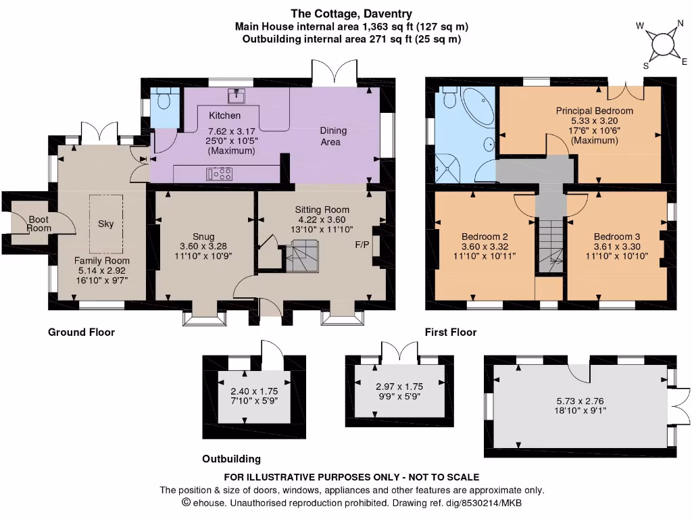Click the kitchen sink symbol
pos(237,96)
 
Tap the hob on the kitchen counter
pos(220,174)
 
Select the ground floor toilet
pos(164,99)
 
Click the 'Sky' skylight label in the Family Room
pos(106,224)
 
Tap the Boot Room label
pos(39,224)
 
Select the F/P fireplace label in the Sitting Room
pos(362,245)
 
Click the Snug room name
pos(203,237)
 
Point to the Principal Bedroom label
pos(595,111)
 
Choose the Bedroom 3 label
pos(616,237)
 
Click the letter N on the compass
pos(680,24)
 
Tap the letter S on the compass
pos(645,66)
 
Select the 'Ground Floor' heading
pos(82,332)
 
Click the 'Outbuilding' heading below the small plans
pos(231,459)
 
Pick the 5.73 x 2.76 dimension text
pos(580,401)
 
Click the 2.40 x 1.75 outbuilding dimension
pos(254,391)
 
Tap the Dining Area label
pos(332,137)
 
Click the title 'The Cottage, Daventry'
pos(351,14)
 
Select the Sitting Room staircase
pos(302,256)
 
